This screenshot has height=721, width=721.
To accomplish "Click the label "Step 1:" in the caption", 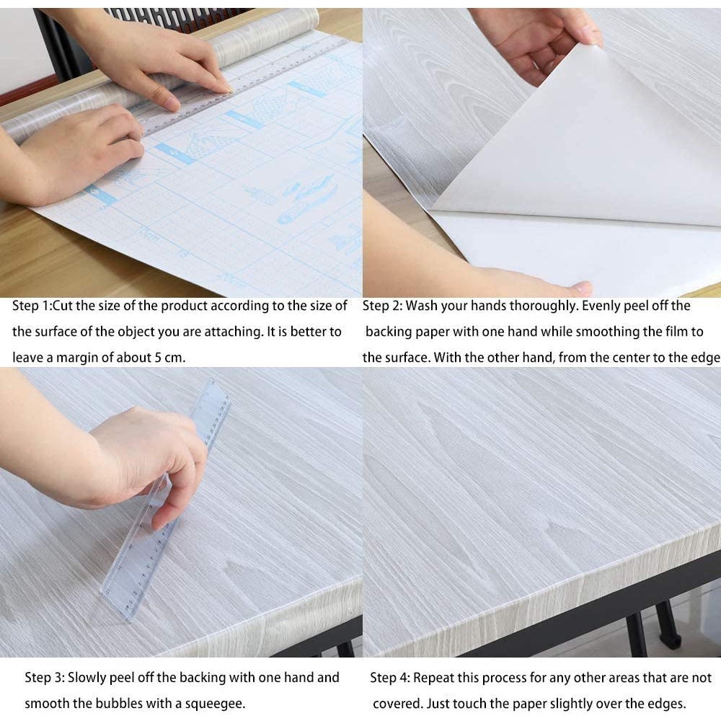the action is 32,306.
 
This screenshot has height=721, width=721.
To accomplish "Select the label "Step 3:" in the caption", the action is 45,677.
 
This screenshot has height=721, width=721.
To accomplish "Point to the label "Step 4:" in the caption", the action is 390,677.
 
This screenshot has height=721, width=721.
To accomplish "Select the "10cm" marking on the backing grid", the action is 149,236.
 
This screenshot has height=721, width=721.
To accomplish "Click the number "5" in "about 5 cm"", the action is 157,358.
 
